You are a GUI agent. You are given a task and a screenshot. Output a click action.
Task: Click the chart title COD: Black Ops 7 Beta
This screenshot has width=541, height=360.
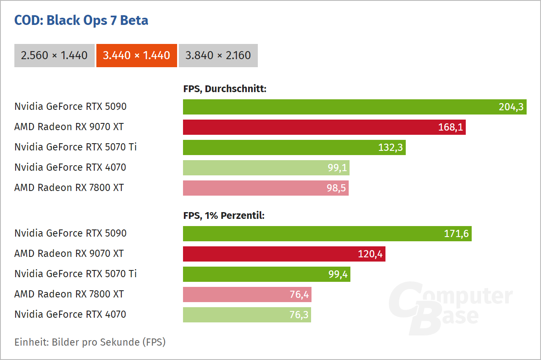coord(81,20)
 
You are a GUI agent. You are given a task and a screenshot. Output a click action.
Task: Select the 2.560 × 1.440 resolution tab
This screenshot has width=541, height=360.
coord(55,55)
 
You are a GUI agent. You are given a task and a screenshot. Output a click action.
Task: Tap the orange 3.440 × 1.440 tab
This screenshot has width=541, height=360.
coord(137,55)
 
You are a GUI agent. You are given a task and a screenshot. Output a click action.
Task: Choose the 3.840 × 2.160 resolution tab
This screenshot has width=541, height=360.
coord(218,55)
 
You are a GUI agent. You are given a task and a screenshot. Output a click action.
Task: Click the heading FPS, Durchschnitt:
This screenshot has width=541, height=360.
coord(224,89)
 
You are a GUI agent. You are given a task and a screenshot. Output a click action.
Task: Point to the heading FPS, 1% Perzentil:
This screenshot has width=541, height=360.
coord(224,215)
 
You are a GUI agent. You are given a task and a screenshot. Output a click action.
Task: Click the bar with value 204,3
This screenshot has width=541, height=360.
coord(354,107)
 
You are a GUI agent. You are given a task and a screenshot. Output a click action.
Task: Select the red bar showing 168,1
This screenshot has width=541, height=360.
coord(324,127)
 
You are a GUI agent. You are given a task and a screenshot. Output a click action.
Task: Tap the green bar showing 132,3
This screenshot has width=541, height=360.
coord(294,147)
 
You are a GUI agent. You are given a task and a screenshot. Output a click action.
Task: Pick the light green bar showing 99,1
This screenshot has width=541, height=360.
coord(266,168)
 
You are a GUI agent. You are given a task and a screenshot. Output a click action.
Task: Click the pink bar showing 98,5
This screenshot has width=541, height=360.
coord(265,188)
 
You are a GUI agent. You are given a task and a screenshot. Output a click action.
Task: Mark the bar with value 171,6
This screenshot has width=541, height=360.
coord(327,234)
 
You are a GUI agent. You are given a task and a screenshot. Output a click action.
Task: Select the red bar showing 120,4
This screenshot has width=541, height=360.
coord(284,254)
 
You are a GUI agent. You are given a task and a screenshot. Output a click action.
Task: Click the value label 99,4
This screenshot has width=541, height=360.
coord(338,274)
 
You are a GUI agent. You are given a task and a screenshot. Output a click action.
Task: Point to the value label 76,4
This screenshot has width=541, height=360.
coord(299,295)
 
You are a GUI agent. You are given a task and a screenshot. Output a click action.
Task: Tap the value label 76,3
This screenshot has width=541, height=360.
coord(299,315)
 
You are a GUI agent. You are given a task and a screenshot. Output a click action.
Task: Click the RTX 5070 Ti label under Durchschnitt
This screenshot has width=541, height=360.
coord(76,147)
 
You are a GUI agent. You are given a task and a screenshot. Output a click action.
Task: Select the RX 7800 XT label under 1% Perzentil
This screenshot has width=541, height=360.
coord(69,294)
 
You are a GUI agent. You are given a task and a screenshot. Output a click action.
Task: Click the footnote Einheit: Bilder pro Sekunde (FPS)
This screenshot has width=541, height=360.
coord(90,342)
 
